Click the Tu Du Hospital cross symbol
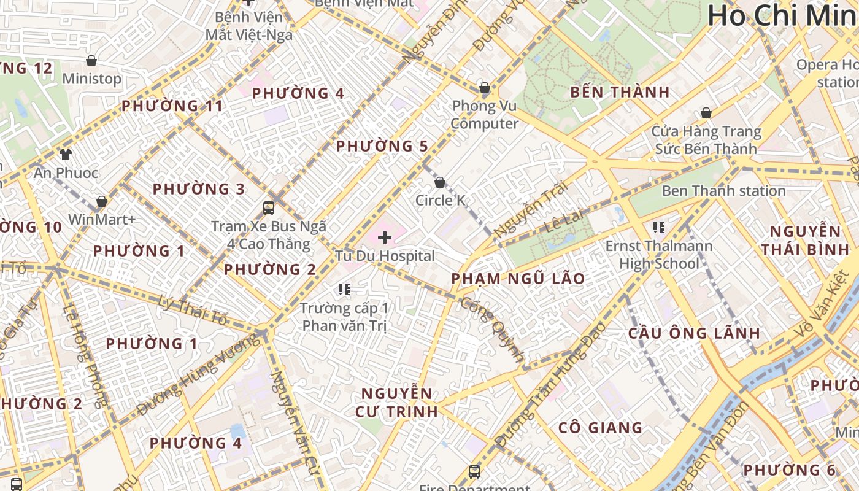coord(385,238)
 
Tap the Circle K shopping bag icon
coord(439,182)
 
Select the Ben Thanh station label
coord(723,191)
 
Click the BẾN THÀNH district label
coord(620,93)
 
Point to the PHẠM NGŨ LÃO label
coord(518,279)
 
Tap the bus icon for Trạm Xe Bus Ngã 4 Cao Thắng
coord(269,207)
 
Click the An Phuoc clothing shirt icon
coord(66,154)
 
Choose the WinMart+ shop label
coord(102,219)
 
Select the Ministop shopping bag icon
coord(91,61)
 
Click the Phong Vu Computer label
coord(484,115)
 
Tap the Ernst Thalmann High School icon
coord(659,228)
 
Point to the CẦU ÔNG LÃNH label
coord(694,333)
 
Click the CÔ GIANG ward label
coord(600,428)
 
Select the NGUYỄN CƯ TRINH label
coord(396,402)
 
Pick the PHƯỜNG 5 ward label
coord(382,146)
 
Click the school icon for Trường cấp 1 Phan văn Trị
coord(344,289)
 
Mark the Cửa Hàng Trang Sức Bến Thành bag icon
coord(706,113)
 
